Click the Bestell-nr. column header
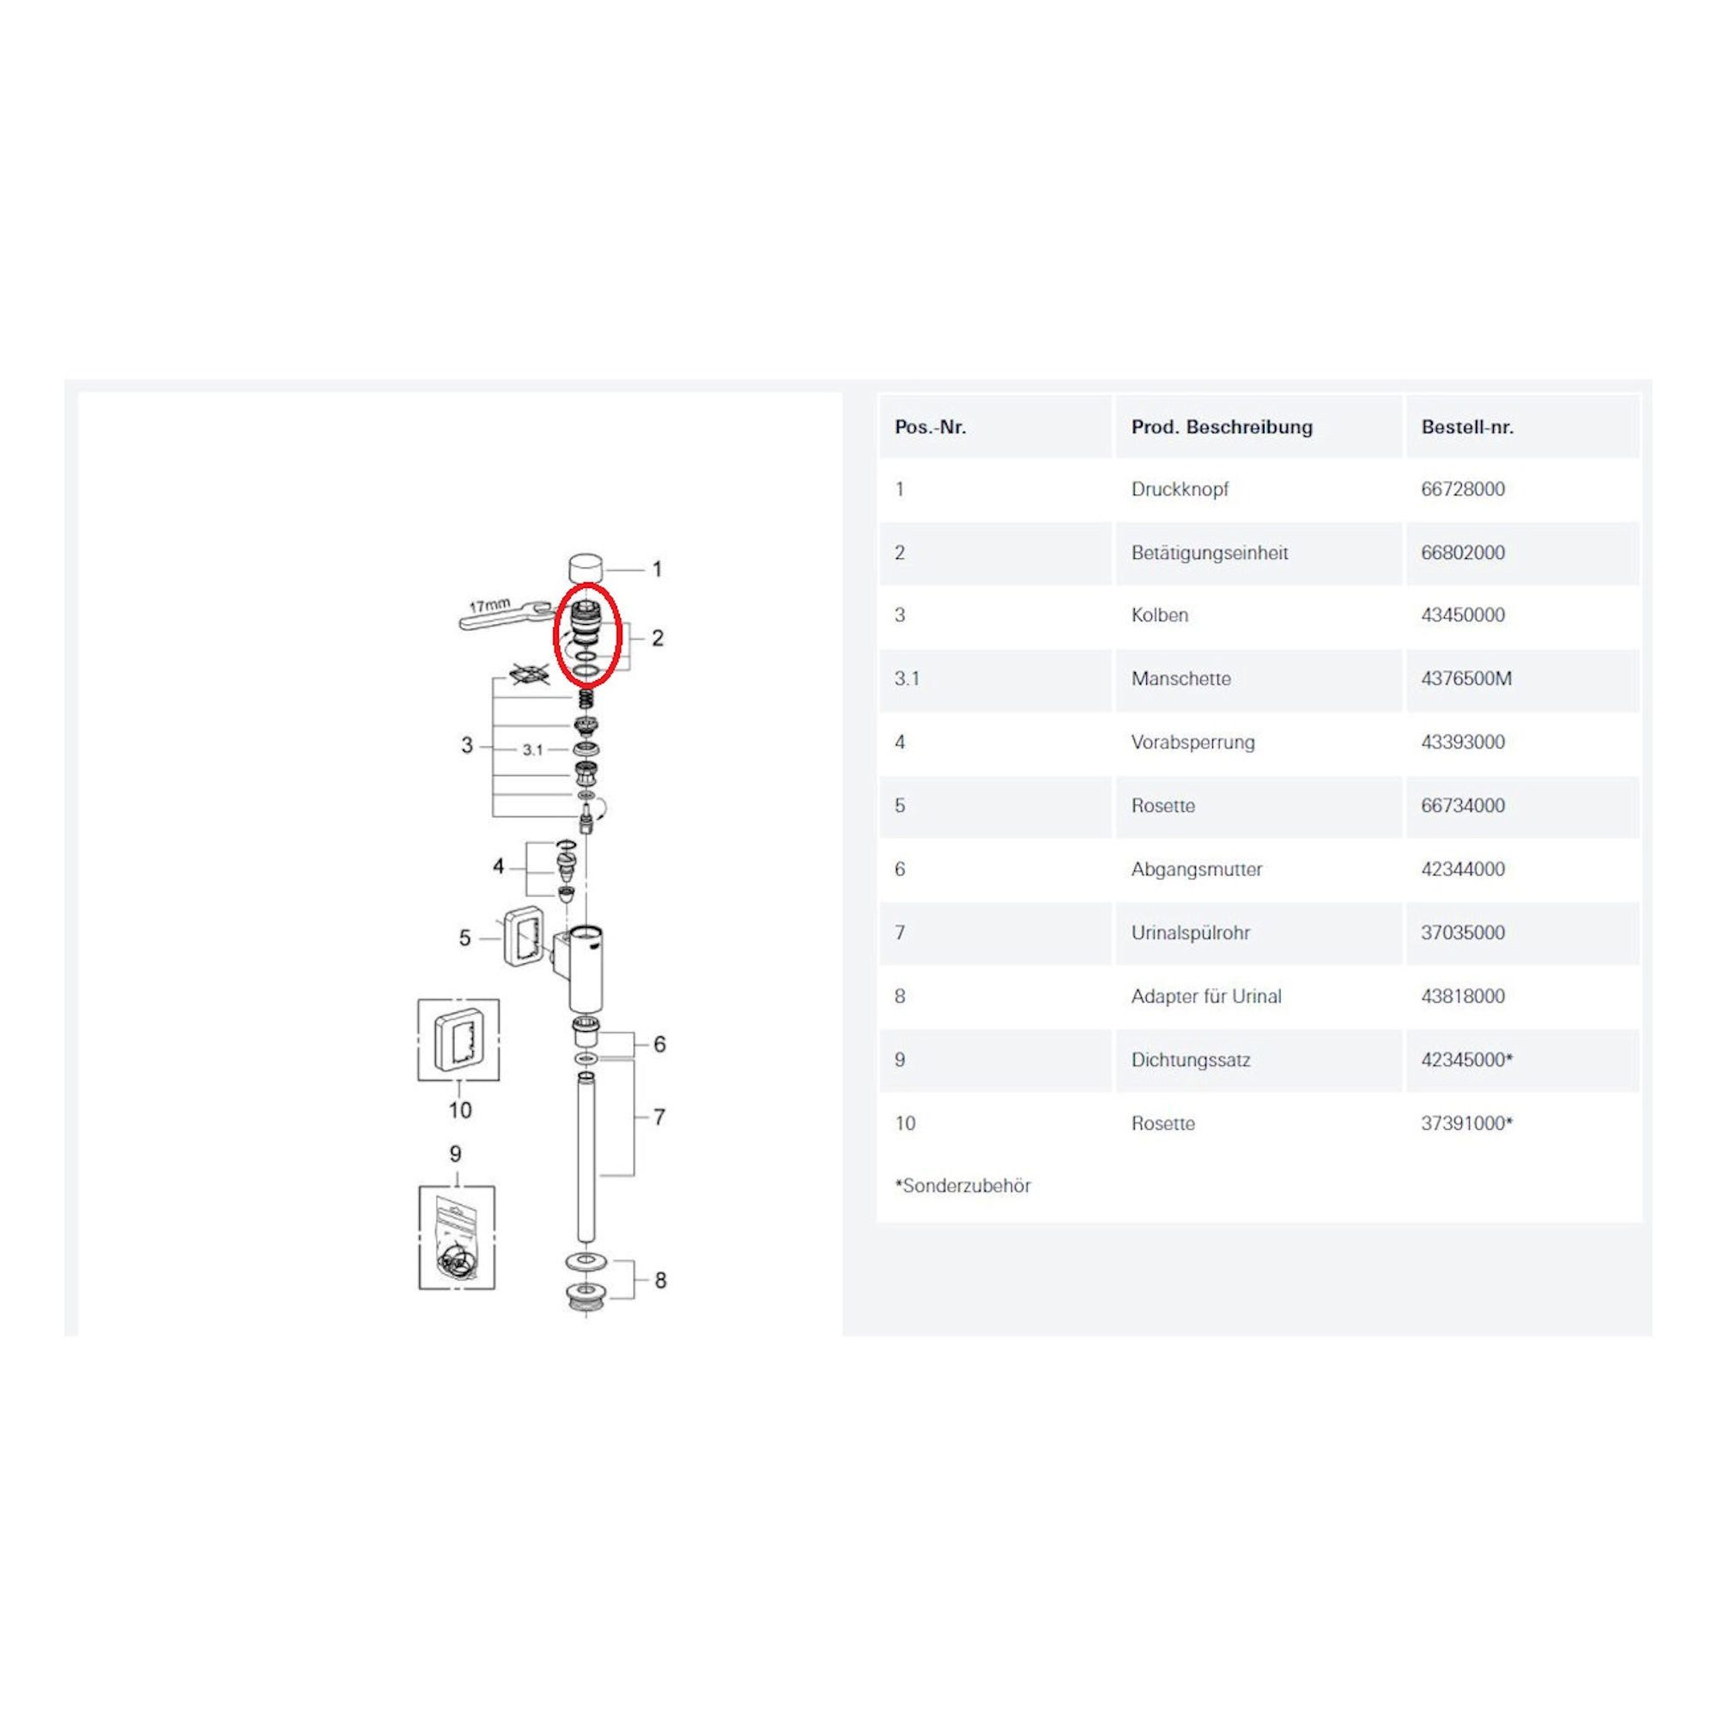click(x=1466, y=427)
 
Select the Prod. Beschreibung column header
click(x=1221, y=428)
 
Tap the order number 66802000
click(x=1463, y=553)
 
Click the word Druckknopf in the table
click(x=1180, y=489)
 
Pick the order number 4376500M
click(x=1465, y=679)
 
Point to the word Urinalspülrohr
click(x=1190, y=933)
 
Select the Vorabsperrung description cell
click(x=1192, y=743)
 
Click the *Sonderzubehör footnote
click(x=962, y=1186)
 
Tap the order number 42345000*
click(x=1466, y=1060)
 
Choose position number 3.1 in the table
click(x=907, y=679)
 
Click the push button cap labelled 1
click(x=585, y=567)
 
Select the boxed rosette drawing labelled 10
click(x=458, y=1040)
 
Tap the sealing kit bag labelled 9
click(x=457, y=1237)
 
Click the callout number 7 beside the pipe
click(x=658, y=1117)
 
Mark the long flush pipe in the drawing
click(x=585, y=1156)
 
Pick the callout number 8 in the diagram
click(x=660, y=1281)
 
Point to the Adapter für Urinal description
click(x=1206, y=997)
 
